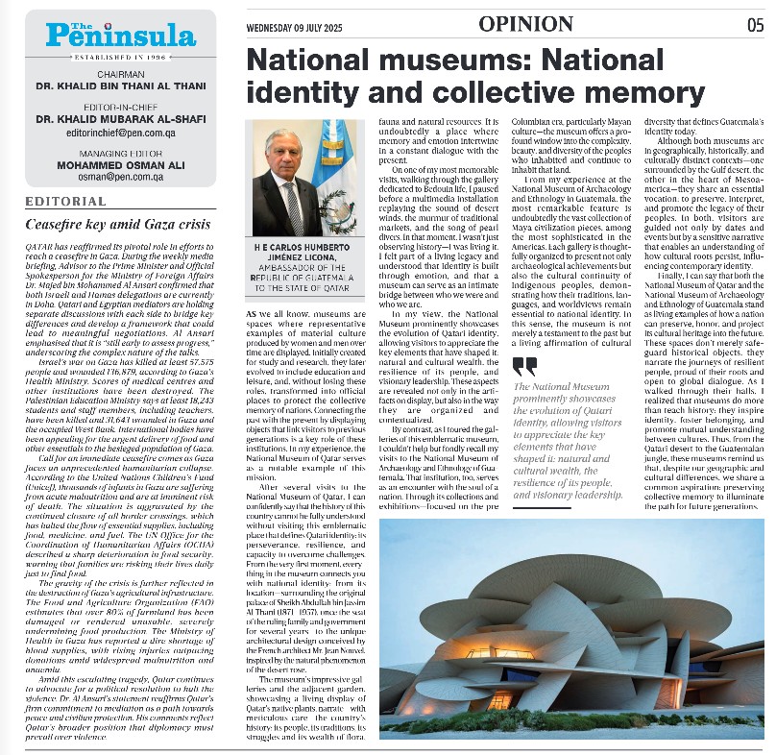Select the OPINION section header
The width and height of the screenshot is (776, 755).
click(x=531, y=23)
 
